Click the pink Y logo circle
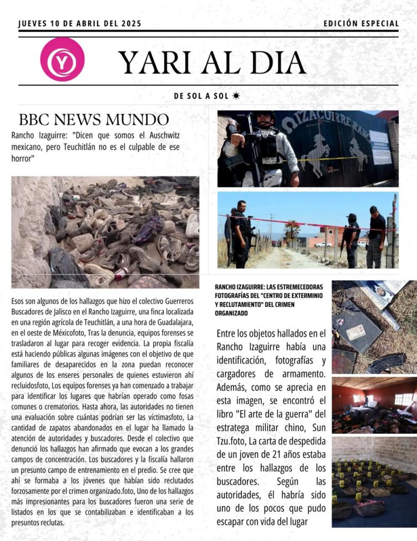pos(62,60)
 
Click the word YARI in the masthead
pos(154,62)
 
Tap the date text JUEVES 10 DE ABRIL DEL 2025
pos(80,24)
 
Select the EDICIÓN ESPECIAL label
pos(361,24)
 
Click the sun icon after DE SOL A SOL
pos(236,96)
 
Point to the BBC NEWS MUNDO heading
pos(94,119)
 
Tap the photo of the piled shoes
pos(105,232)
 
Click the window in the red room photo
pos(403,399)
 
